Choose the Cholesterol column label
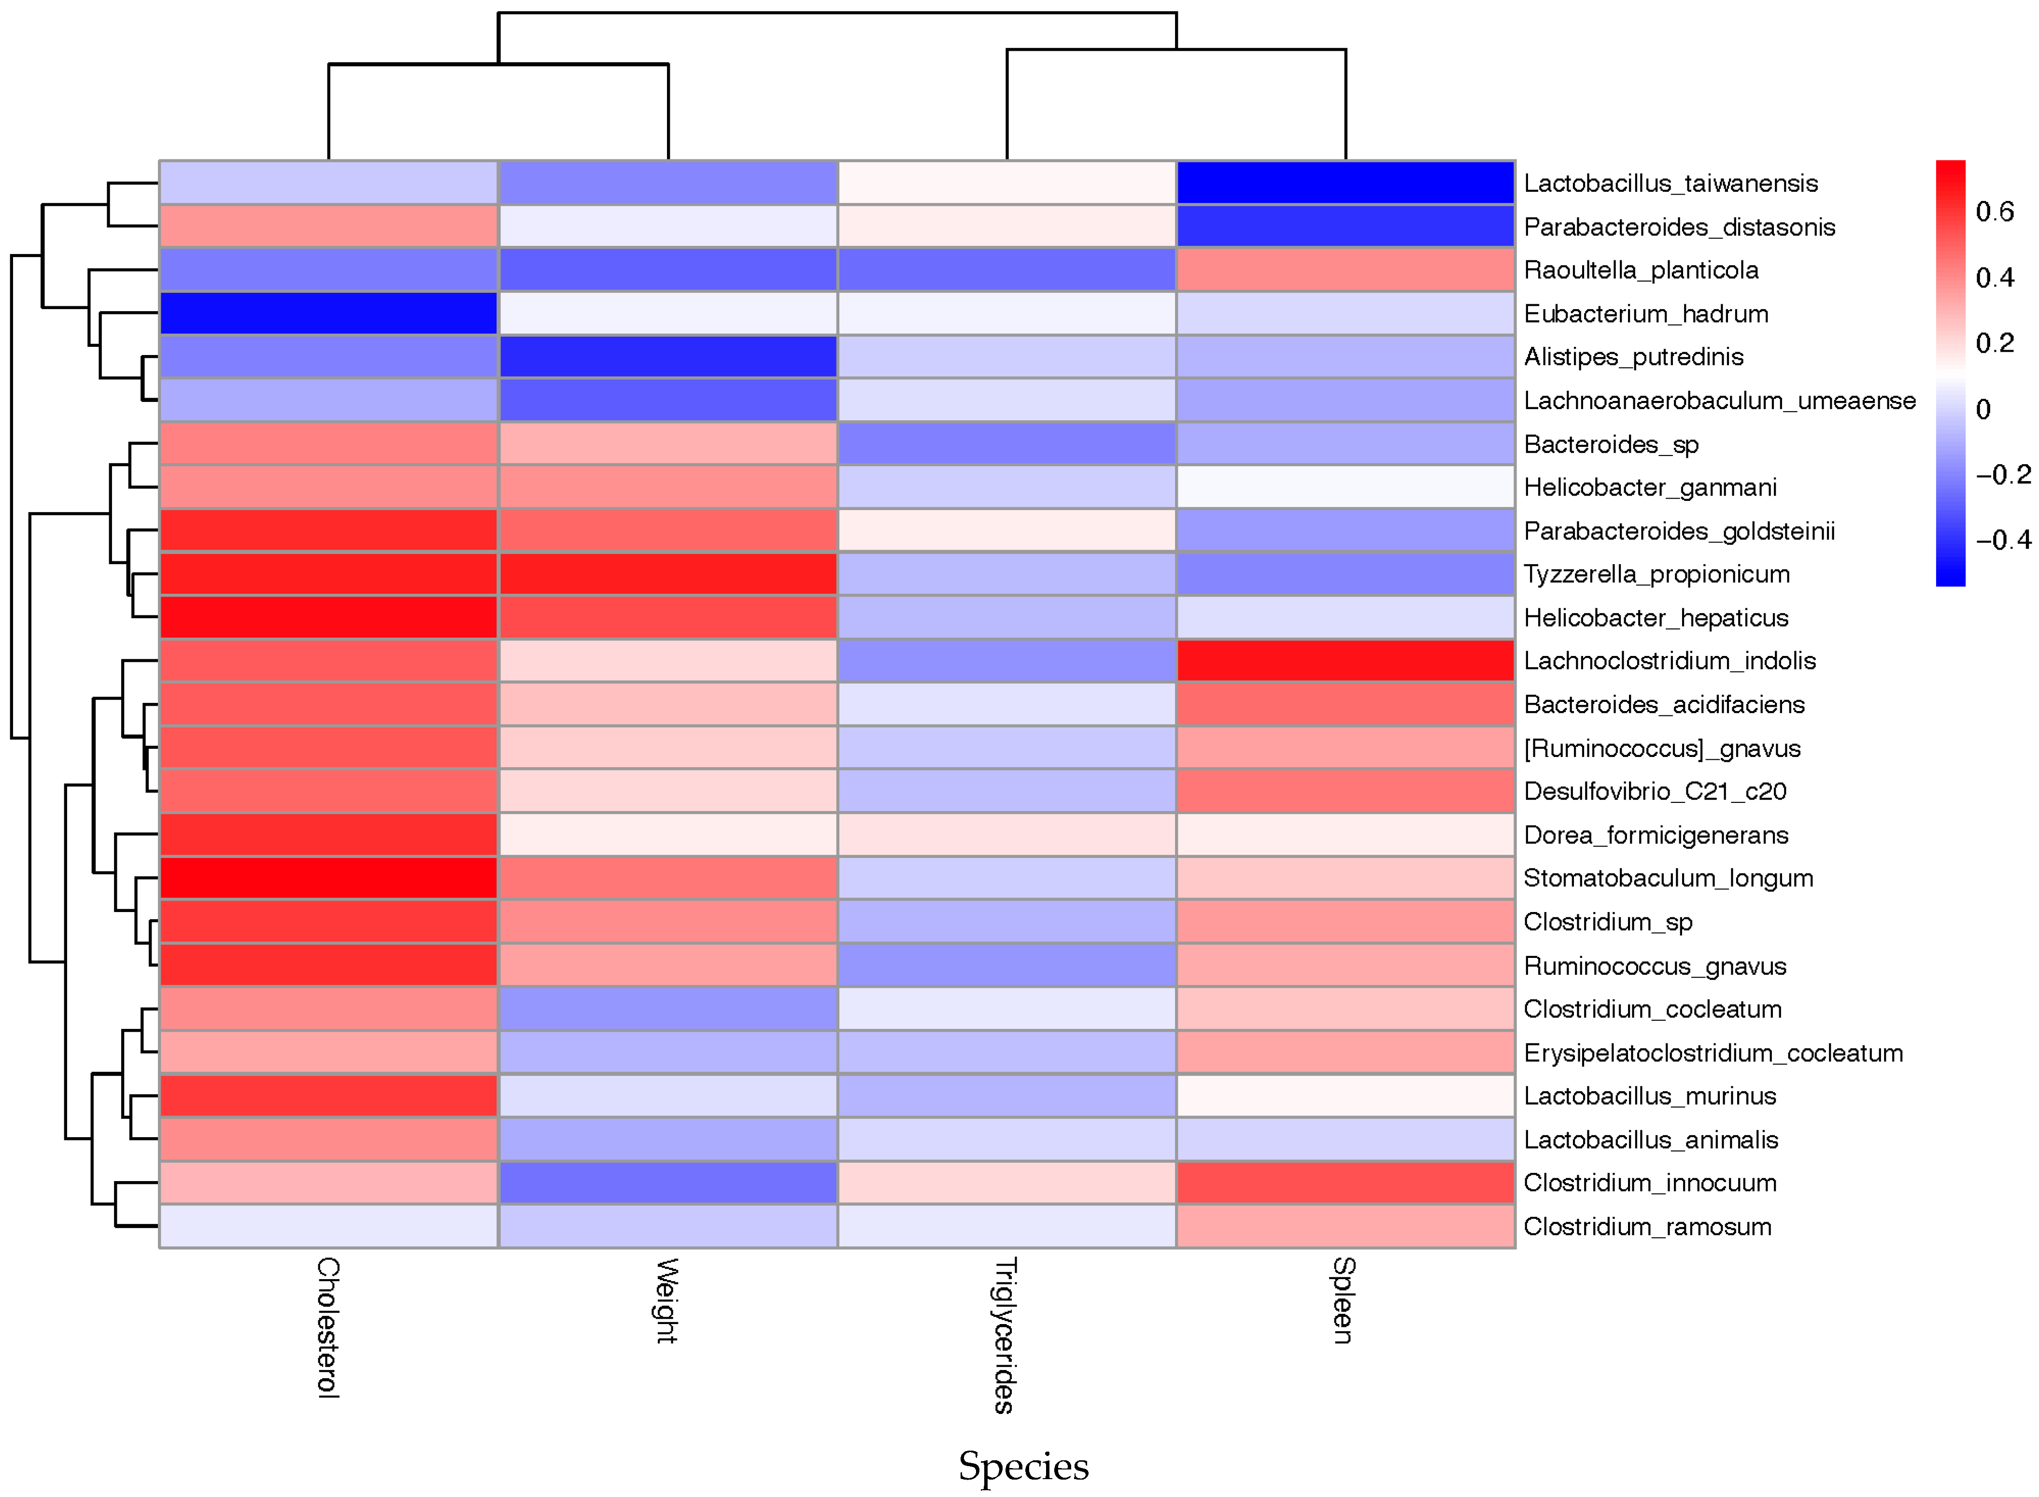328,1327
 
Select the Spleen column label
1344,1300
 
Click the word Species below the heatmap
1023,1466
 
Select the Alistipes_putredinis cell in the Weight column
667,356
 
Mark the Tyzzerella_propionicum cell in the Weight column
667,573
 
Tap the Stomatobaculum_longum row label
1668,878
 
